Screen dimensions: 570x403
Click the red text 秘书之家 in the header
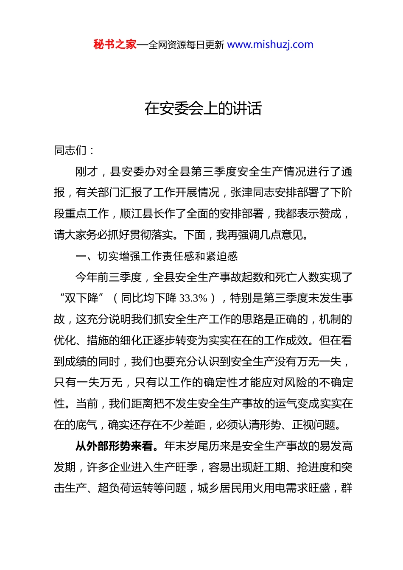pyautogui.click(x=115, y=45)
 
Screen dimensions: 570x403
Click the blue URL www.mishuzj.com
pyautogui.click(x=270, y=45)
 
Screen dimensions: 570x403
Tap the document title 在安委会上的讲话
pyautogui.click(x=203, y=109)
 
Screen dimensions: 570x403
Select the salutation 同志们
pyautogui.click(x=70, y=151)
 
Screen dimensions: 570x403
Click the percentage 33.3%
pyautogui.click(x=193, y=298)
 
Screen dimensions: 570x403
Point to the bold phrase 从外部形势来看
pyautogui.click(x=114, y=446)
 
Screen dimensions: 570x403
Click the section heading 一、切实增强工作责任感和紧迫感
pyautogui.click(x=157, y=256)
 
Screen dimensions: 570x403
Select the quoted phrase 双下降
pyautogui.click(x=81, y=298)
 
